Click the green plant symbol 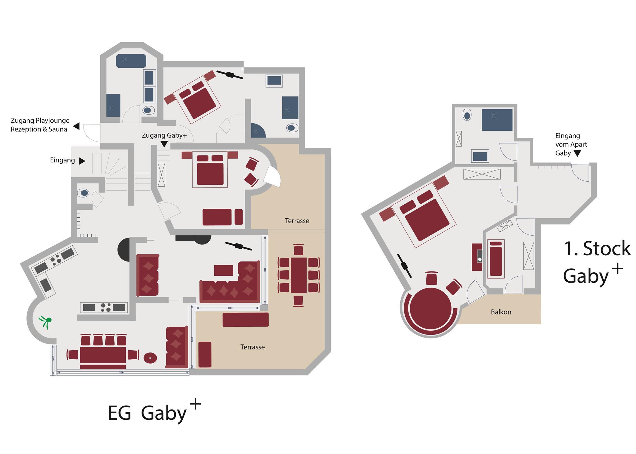45,321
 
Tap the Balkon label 501,312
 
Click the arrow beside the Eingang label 82,161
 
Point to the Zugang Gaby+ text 164,135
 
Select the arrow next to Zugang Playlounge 76,126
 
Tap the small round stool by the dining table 150,358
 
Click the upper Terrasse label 297,221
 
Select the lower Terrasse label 252,347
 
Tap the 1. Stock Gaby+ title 597,262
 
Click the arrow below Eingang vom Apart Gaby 577,153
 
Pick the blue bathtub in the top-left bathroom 131,61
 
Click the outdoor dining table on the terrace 299,275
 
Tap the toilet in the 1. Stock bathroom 467,115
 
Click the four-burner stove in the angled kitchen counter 56,260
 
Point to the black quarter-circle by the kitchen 124,250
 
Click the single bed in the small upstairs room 496,259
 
